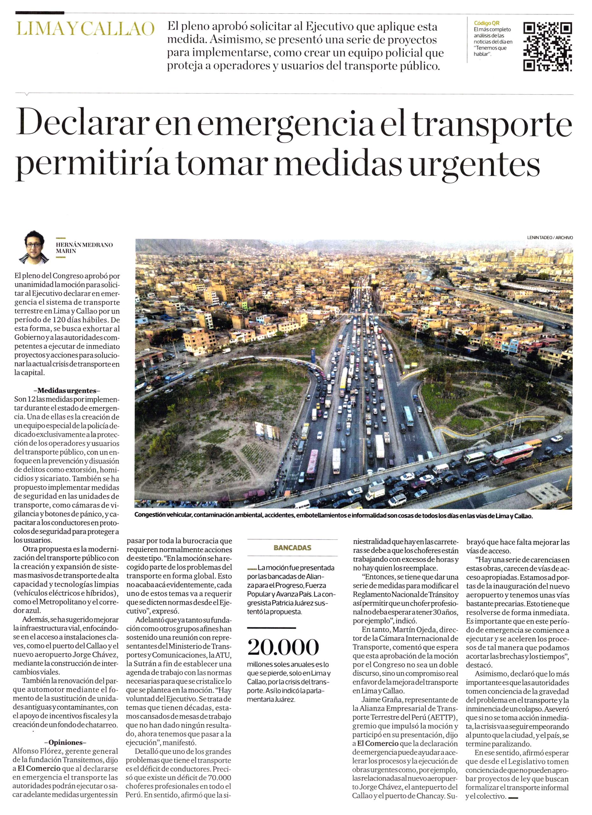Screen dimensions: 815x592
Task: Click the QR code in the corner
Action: (547, 47)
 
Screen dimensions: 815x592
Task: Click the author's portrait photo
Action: (34, 246)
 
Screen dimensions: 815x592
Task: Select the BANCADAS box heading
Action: (292, 548)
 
